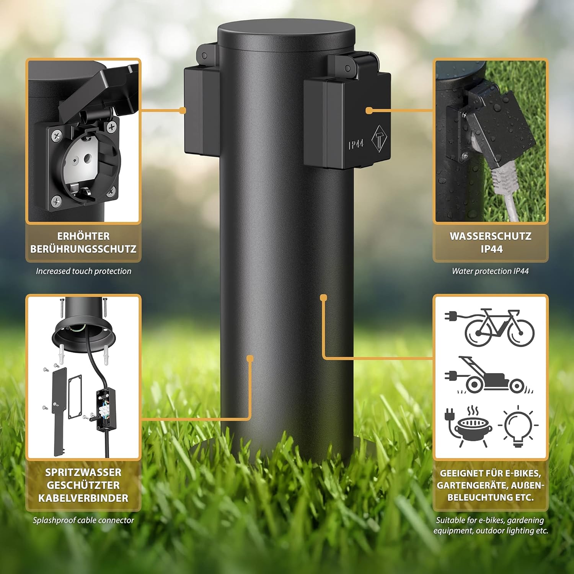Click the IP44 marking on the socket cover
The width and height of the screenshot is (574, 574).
(356, 144)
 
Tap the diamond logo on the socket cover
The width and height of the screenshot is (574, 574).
(379, 138)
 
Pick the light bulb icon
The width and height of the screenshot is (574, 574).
(518, 426)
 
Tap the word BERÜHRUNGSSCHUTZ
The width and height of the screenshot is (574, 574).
(83, 249)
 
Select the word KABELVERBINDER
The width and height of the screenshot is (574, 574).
(83, 498)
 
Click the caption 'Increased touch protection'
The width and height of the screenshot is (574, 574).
(83, 271)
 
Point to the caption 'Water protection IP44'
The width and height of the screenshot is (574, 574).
(490, 271)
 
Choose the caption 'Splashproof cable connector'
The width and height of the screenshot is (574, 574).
(83, 520)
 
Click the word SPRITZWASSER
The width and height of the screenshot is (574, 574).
(83, 473)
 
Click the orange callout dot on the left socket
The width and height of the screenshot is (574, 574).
(183, 111)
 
